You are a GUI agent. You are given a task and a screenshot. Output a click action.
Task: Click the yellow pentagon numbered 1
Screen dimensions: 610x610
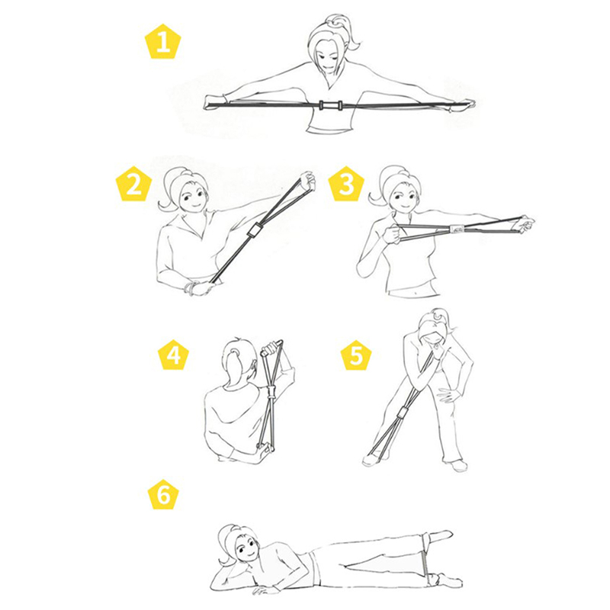(163, 42)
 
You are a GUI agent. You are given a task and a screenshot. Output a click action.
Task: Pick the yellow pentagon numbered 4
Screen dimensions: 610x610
(173, 354)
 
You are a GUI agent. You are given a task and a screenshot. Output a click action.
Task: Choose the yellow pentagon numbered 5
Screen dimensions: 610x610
(356, 354)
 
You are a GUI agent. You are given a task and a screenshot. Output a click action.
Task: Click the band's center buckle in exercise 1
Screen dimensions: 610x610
(330, 105)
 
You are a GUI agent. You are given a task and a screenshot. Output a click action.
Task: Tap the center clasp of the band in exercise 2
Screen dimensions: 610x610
(254, 231)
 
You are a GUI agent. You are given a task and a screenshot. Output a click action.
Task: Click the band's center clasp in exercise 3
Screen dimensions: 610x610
(454, 230)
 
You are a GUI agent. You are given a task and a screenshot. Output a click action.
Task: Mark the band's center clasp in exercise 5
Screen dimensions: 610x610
(403, 413)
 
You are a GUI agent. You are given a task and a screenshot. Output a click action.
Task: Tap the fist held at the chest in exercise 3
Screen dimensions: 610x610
(392, 234)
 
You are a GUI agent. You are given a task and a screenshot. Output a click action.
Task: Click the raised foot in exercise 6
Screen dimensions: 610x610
(441, 536)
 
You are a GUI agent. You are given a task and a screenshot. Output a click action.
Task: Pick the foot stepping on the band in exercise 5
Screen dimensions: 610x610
(372, 458)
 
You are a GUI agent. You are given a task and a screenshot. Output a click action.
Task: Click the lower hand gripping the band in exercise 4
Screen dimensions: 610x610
(265, 451)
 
